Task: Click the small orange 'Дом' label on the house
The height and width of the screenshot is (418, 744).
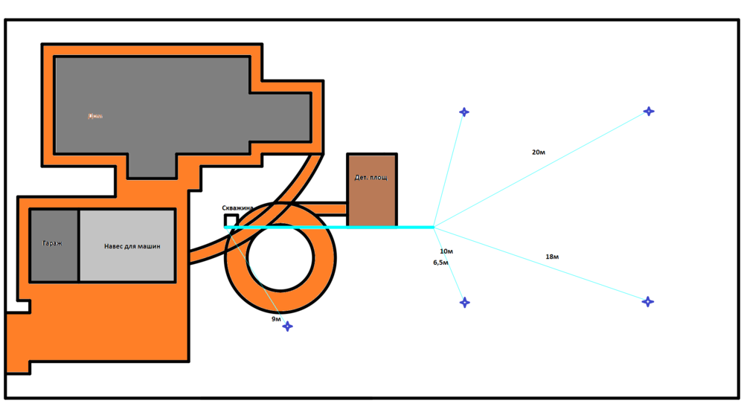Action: click(x=95, y=116)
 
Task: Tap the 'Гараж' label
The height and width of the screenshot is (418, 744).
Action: click(x=52, y=243)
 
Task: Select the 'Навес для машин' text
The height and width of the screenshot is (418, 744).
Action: click(x=132, y=246)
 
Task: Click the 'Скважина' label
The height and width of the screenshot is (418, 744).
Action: click(x=237, y=208)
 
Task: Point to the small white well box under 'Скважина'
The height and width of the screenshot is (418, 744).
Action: click(x=231, y=221)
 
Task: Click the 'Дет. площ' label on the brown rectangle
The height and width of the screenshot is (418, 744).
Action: click(x=371, y=178)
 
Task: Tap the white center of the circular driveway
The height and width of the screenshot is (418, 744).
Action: click(x=280, y=257)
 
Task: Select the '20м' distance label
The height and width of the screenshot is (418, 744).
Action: click(x=539, y=152)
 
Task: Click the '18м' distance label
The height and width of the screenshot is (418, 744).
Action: click(x=552, y=257)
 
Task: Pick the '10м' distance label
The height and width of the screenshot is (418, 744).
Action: click(x=446, y=251)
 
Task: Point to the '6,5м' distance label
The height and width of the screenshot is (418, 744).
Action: click(x=441, y=263)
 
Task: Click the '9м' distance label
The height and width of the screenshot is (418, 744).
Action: click(x=276, y=319)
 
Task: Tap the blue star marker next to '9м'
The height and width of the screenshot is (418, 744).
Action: click(x=287, y=327)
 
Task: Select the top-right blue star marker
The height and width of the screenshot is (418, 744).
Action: click(x=649, y=112)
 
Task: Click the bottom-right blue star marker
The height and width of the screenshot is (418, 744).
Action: click(x=648, y=302)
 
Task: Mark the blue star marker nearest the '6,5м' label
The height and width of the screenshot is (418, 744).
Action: click(x=465, y=303)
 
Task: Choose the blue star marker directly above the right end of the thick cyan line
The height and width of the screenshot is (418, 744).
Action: click(x=464, y=112)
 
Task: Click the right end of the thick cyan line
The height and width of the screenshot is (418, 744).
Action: click(x=432, y=227)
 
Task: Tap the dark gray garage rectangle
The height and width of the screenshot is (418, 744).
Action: click(x=54, y=260)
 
